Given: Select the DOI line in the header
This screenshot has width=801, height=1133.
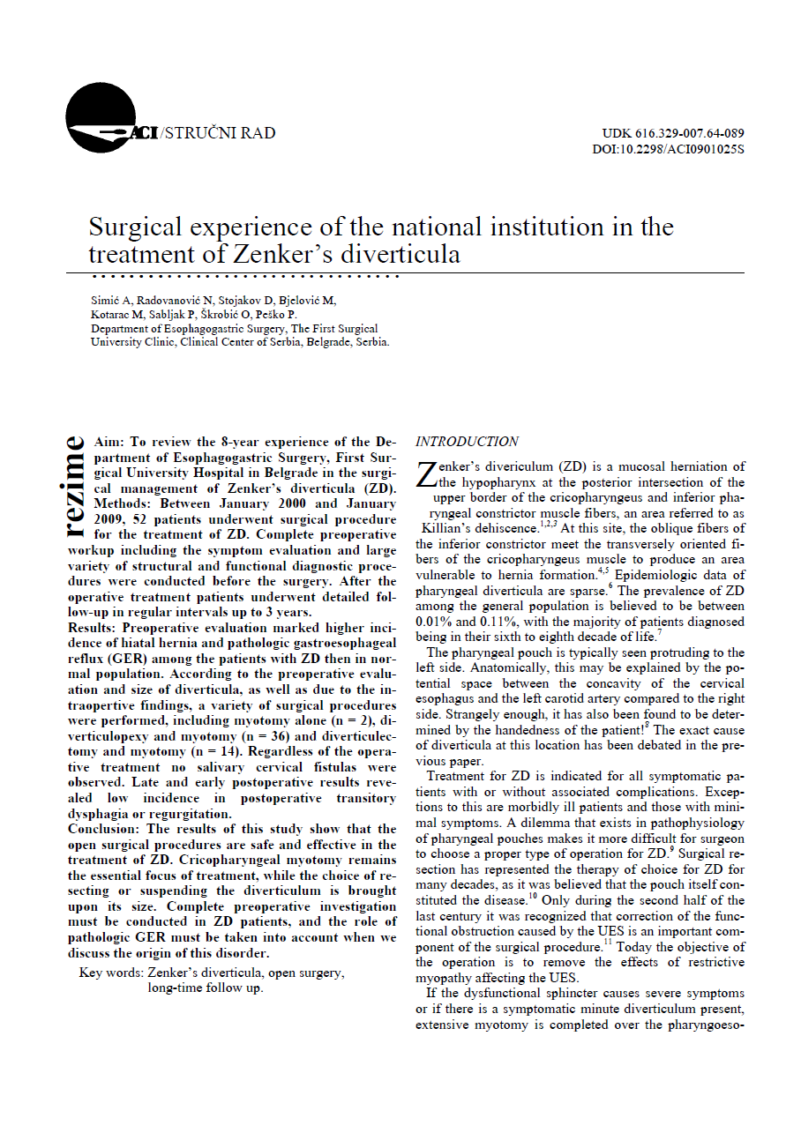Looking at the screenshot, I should click(x=668, y=149).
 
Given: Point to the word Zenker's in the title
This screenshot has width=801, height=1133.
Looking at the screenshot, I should click(x=281, y=255).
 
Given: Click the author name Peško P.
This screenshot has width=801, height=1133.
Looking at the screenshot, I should click(x=280, y=314).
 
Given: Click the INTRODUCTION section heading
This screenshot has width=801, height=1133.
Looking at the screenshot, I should click(x=467, y=442).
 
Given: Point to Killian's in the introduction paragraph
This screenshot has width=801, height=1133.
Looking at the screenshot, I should click(x=448, y=529).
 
